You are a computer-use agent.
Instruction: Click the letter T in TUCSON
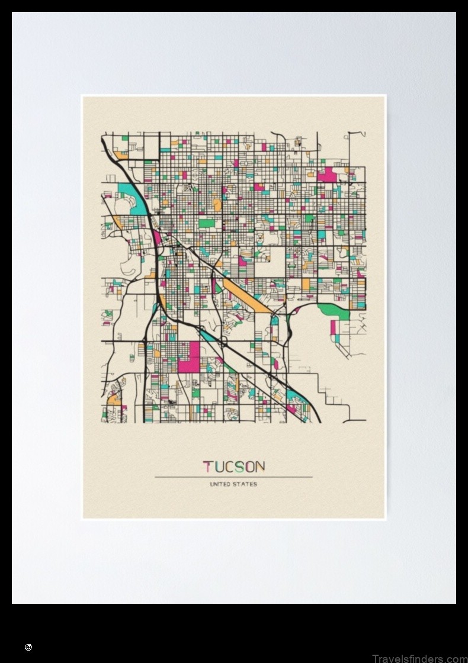(x=208, y=466)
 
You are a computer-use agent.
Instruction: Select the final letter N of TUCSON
(x=259, y=466)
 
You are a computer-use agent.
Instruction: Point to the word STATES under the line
(x=246, y=484)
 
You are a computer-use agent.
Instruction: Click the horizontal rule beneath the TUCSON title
(x=233, y=477)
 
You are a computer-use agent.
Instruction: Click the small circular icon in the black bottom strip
(x=28, y=648)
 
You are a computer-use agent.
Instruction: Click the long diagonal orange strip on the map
(x=248, y=295)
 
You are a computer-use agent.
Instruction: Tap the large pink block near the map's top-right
(x=326, y=175)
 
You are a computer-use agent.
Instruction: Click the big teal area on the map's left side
(x=127, y=191)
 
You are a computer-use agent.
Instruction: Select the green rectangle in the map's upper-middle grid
(x=206, y=224)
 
